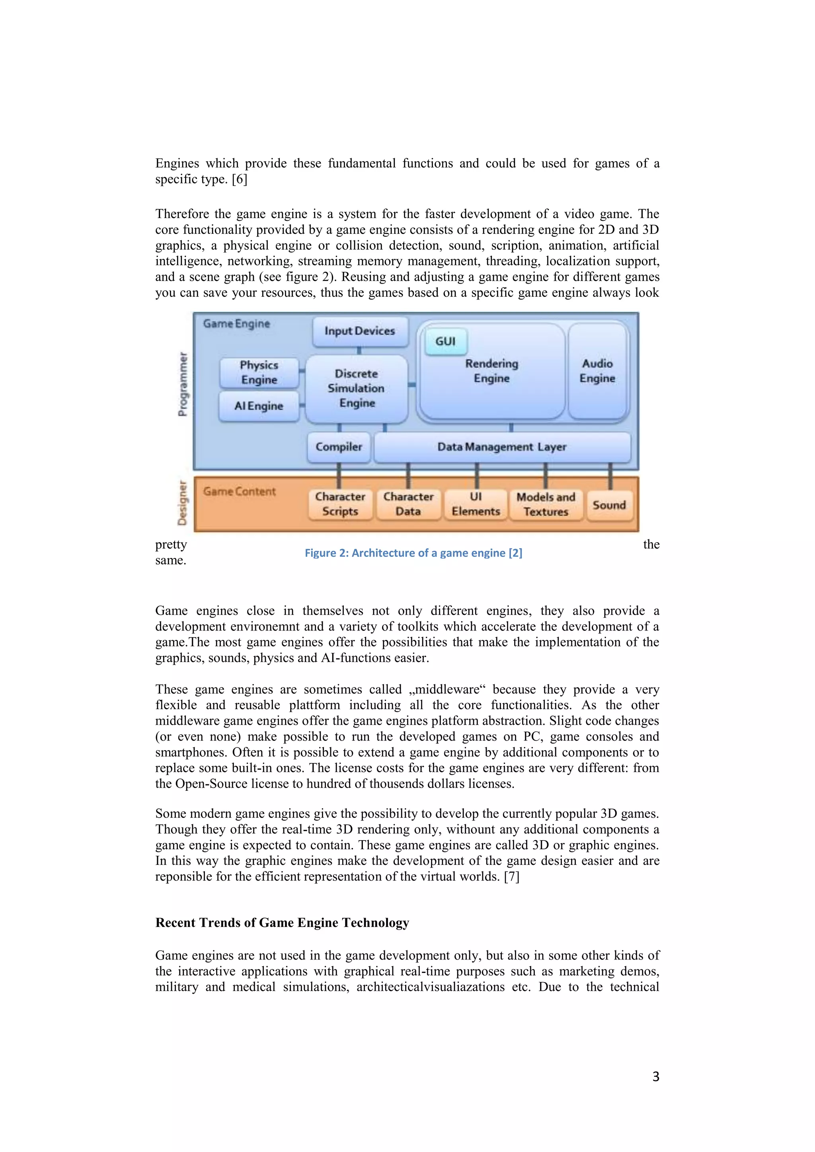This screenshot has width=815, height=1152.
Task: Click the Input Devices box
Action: coord(360,331)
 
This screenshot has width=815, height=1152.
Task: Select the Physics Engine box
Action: coord(259,372)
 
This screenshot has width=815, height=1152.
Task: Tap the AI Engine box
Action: coord(259,406)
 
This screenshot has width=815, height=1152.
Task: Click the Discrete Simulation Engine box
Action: coord(356,389)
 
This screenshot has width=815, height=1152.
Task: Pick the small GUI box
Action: coord(446,342)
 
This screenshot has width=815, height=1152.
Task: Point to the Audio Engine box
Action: coord(597,371)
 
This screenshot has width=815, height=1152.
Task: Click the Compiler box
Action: coord(339,447)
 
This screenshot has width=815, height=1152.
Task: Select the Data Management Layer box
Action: coord(502,447)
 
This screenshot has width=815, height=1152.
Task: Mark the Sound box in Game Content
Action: coord(609,505)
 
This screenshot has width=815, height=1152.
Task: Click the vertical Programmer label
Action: coord(183,384)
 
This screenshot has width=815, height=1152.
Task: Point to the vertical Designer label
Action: coord(182,503)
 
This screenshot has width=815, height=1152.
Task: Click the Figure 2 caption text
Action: coord(413,553)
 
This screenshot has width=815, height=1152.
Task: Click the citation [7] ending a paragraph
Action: coord(511,877)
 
